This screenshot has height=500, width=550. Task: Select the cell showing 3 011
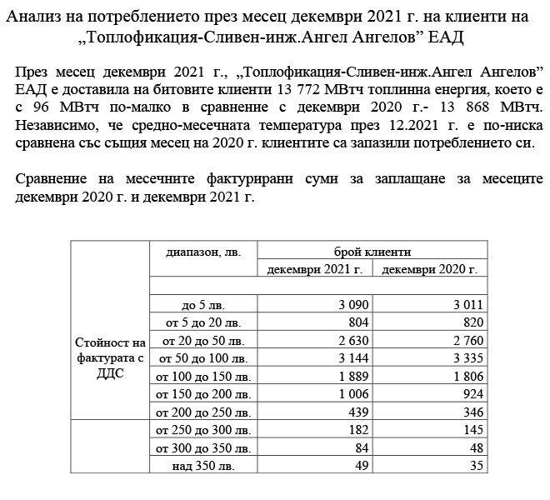click(468, 305)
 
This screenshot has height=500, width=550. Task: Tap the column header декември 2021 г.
click(320, 269)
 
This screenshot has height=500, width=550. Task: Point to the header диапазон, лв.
click(203, 251)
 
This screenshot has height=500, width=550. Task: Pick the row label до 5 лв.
click(203, 306)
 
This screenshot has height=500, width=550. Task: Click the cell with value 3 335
click(468, 359)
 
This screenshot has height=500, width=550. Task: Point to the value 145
click(473, 431)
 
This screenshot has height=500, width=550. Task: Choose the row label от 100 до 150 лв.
click(203, 377)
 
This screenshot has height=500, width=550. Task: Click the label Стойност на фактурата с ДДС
click(110, 358)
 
